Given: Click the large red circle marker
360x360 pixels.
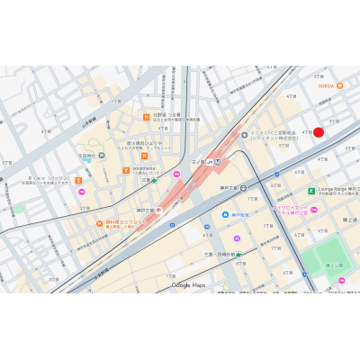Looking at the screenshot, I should click(x=319, y=132).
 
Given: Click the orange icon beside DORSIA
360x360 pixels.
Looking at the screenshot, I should click(x=339, y=85).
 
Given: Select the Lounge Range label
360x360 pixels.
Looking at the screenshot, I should click(x=337, y=190).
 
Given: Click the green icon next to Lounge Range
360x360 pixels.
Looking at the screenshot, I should click(x=311, y=191).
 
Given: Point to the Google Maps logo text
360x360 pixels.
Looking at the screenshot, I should click(x=188, y=285).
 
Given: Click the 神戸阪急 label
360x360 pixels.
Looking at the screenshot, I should click(x=240, y=215).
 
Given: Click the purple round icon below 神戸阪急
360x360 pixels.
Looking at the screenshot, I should click(x=237, y=238).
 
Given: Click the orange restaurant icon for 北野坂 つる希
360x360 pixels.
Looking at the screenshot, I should click(x=146, y=116).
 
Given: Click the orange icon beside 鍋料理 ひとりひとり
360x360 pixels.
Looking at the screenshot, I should click(x=100, y=223).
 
